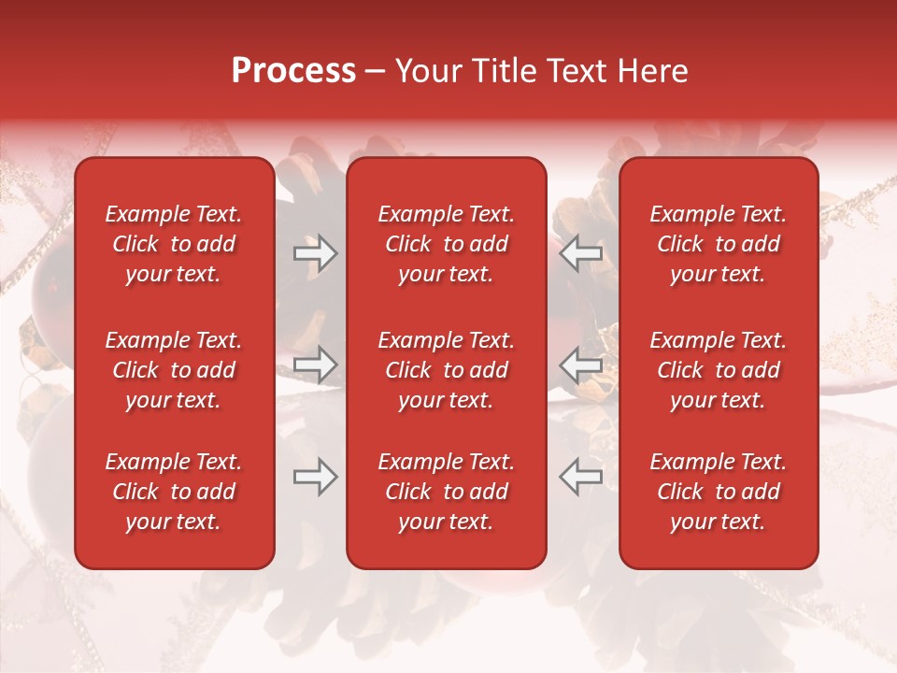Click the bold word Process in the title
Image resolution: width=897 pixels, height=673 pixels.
(293, 71)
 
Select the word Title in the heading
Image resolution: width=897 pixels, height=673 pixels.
(504, 71)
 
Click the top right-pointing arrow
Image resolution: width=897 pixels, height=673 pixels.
(315, 253)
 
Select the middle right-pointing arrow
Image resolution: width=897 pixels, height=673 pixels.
(315, 365)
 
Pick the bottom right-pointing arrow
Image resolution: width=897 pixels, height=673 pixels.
(315, 478)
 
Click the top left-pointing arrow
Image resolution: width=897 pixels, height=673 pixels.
(581, 253)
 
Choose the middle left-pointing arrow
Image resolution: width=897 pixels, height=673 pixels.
(581, 365)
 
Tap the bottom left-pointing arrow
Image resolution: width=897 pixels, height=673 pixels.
(581, 478)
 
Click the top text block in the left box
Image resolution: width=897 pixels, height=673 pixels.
(174, 244)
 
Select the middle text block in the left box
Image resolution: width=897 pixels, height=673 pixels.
(174, 370)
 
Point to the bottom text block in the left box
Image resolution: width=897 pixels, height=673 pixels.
(174, 492)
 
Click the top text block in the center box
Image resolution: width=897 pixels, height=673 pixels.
(447, 244)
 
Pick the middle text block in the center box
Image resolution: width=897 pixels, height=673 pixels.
(447, 370)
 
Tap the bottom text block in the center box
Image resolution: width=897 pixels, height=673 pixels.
(447, 492)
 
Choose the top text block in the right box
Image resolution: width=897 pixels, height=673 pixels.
(719, 244)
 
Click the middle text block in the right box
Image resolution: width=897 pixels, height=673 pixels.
(719, 370)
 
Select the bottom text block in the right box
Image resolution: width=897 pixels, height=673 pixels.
(719, 492)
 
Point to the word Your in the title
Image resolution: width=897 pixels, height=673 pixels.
(429, 71)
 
